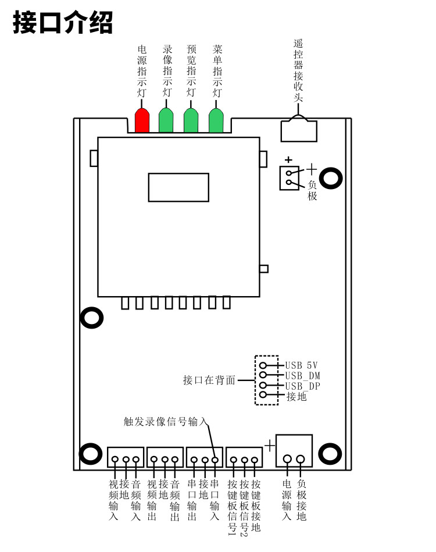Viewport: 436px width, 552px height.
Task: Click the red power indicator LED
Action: coord(142,120)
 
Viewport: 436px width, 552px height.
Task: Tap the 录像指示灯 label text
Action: coord(167,70)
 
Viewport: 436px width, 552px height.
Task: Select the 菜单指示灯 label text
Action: coord(217,70)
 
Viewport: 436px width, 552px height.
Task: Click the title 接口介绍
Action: coord(63,22)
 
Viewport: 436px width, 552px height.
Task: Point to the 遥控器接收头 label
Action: coord(298,70)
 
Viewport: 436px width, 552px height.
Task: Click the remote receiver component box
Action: coord(299,131)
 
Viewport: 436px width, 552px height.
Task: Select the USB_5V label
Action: coord(302,365)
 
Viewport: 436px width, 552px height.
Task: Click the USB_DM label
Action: coord(303,376)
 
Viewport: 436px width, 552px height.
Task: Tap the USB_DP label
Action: coord(303,386)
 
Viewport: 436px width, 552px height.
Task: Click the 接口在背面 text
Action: coord(209,380)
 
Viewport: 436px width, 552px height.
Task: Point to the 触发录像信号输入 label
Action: coord(166,421)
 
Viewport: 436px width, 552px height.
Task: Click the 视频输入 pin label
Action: coord(113,500)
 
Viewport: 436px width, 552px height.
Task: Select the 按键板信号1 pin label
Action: coord(233,507)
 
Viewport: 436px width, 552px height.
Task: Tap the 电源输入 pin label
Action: coord(287,500)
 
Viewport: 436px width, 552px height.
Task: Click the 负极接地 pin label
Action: coord(302,500)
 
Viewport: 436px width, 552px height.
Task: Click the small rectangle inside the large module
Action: coord(178,187)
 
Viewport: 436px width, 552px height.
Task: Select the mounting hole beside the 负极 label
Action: coord(331,178)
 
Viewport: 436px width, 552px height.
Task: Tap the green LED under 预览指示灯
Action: coord(191,120)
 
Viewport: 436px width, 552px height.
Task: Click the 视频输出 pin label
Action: coord(152,500)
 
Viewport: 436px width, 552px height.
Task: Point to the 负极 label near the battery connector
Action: coord(312,190)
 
